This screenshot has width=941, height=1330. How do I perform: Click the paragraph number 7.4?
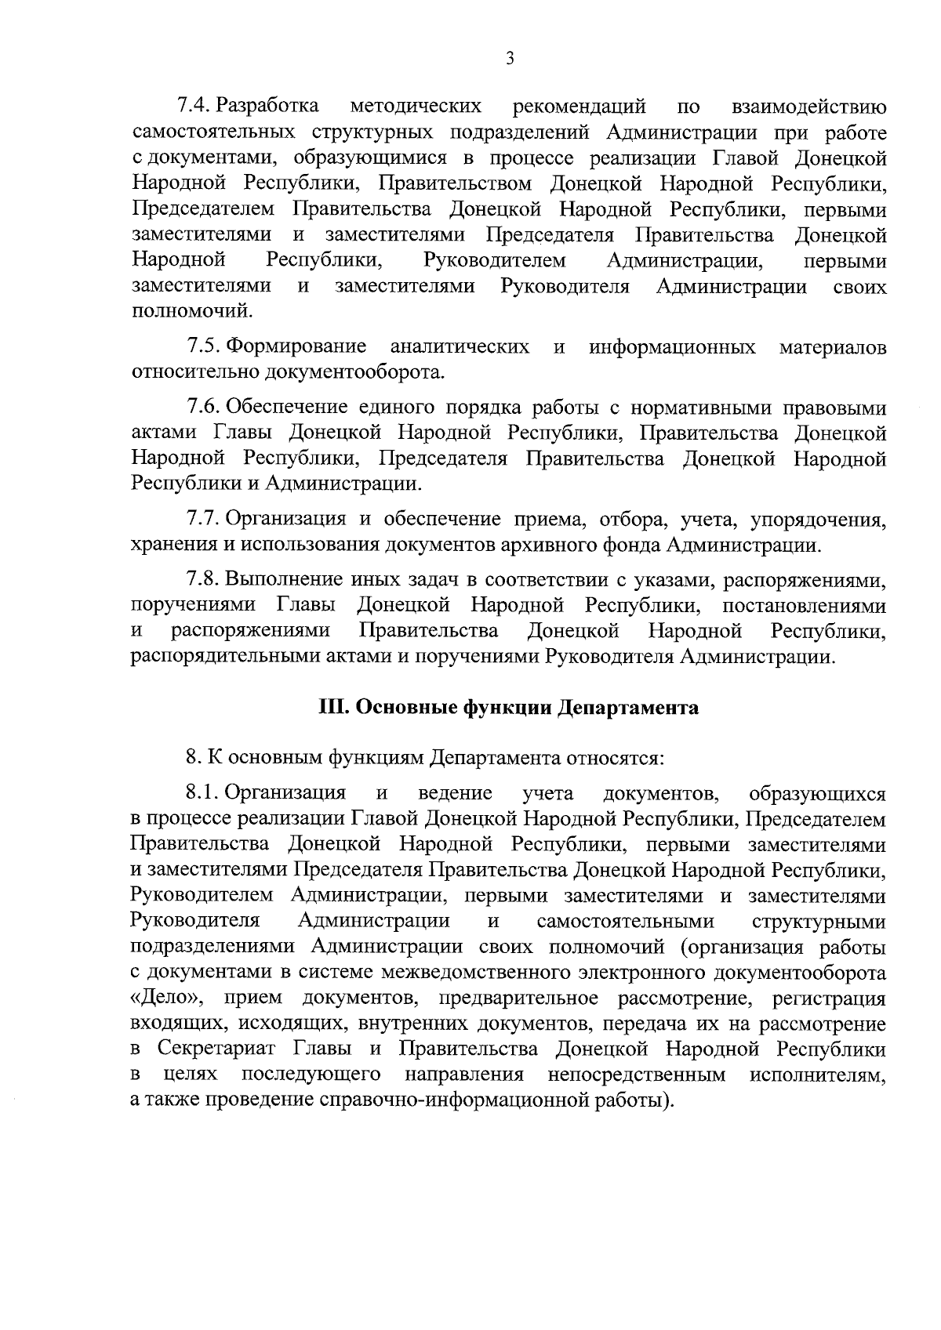point(194,106)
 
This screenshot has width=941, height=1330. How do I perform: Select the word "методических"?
point(415,106)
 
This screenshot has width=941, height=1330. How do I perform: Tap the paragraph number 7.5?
point(205,346)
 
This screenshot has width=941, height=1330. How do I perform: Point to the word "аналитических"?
point(460,346)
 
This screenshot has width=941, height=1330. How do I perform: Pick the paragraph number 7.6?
point(205,408)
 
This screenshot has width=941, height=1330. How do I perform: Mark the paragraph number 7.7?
point(205,519)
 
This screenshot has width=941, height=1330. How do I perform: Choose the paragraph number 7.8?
point(205,580)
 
